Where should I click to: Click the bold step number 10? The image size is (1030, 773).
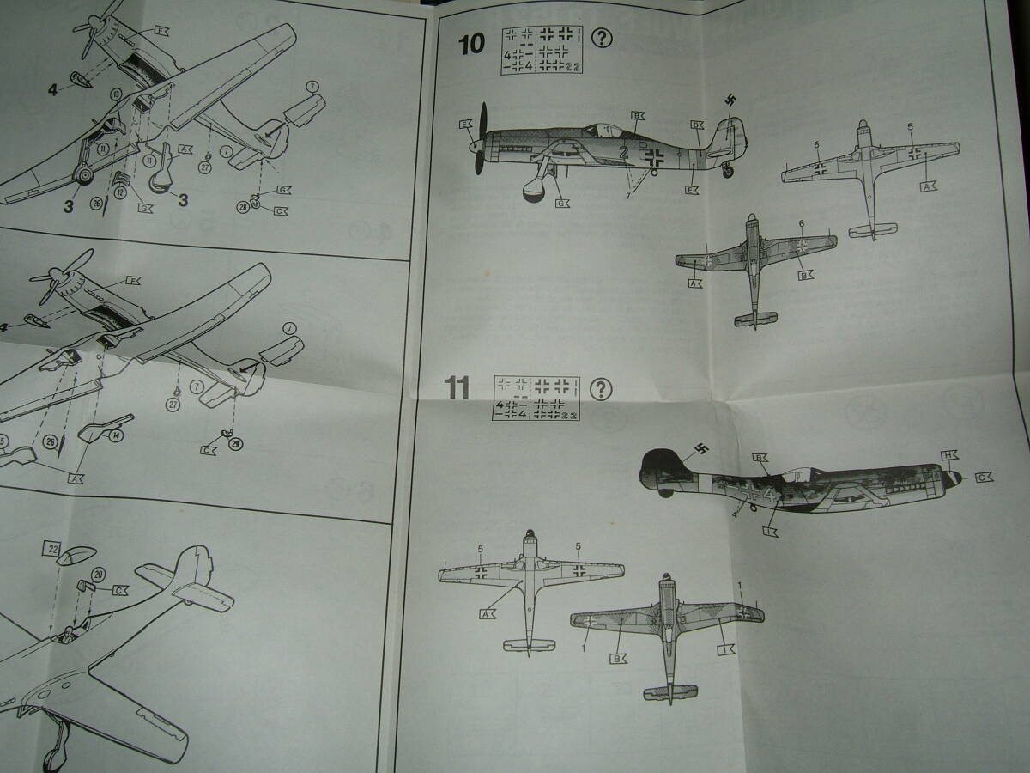(471, 43)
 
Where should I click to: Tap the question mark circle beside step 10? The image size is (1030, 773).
(603, 39)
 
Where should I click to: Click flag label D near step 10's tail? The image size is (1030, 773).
(696, 125)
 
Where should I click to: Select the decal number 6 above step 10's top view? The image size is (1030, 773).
(801, 224)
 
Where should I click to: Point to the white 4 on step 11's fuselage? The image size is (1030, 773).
(769, 496)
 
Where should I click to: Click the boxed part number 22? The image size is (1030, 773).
(53, 548)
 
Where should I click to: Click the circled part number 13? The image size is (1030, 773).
(117, 93)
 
